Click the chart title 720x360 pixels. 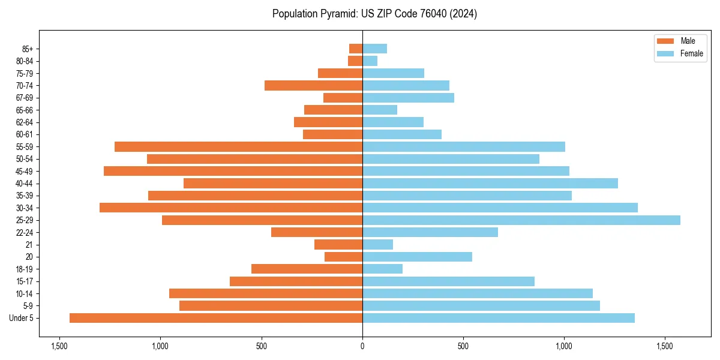coord(374,14)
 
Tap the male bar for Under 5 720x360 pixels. coord(216,318)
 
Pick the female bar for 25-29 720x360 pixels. coord(521,220)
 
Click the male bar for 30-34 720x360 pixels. coord(231,208)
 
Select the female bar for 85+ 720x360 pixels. coord(374,49)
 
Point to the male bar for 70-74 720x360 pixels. coord(313,86)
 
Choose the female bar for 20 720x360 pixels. coord(417,257)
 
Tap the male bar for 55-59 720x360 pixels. coord(238,147)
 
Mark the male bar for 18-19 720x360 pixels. coord(307,269)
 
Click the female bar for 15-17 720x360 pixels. coord(448,281)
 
